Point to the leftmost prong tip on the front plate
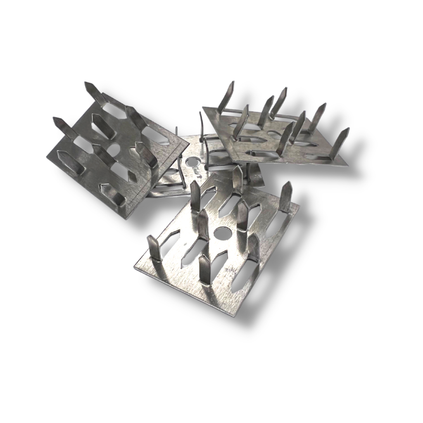point(150,238)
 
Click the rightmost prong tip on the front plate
point(288,184)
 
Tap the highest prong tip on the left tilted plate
point(88,84)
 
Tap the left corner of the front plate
point(135,266)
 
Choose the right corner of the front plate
point(299,205)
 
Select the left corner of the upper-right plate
point(202,108)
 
